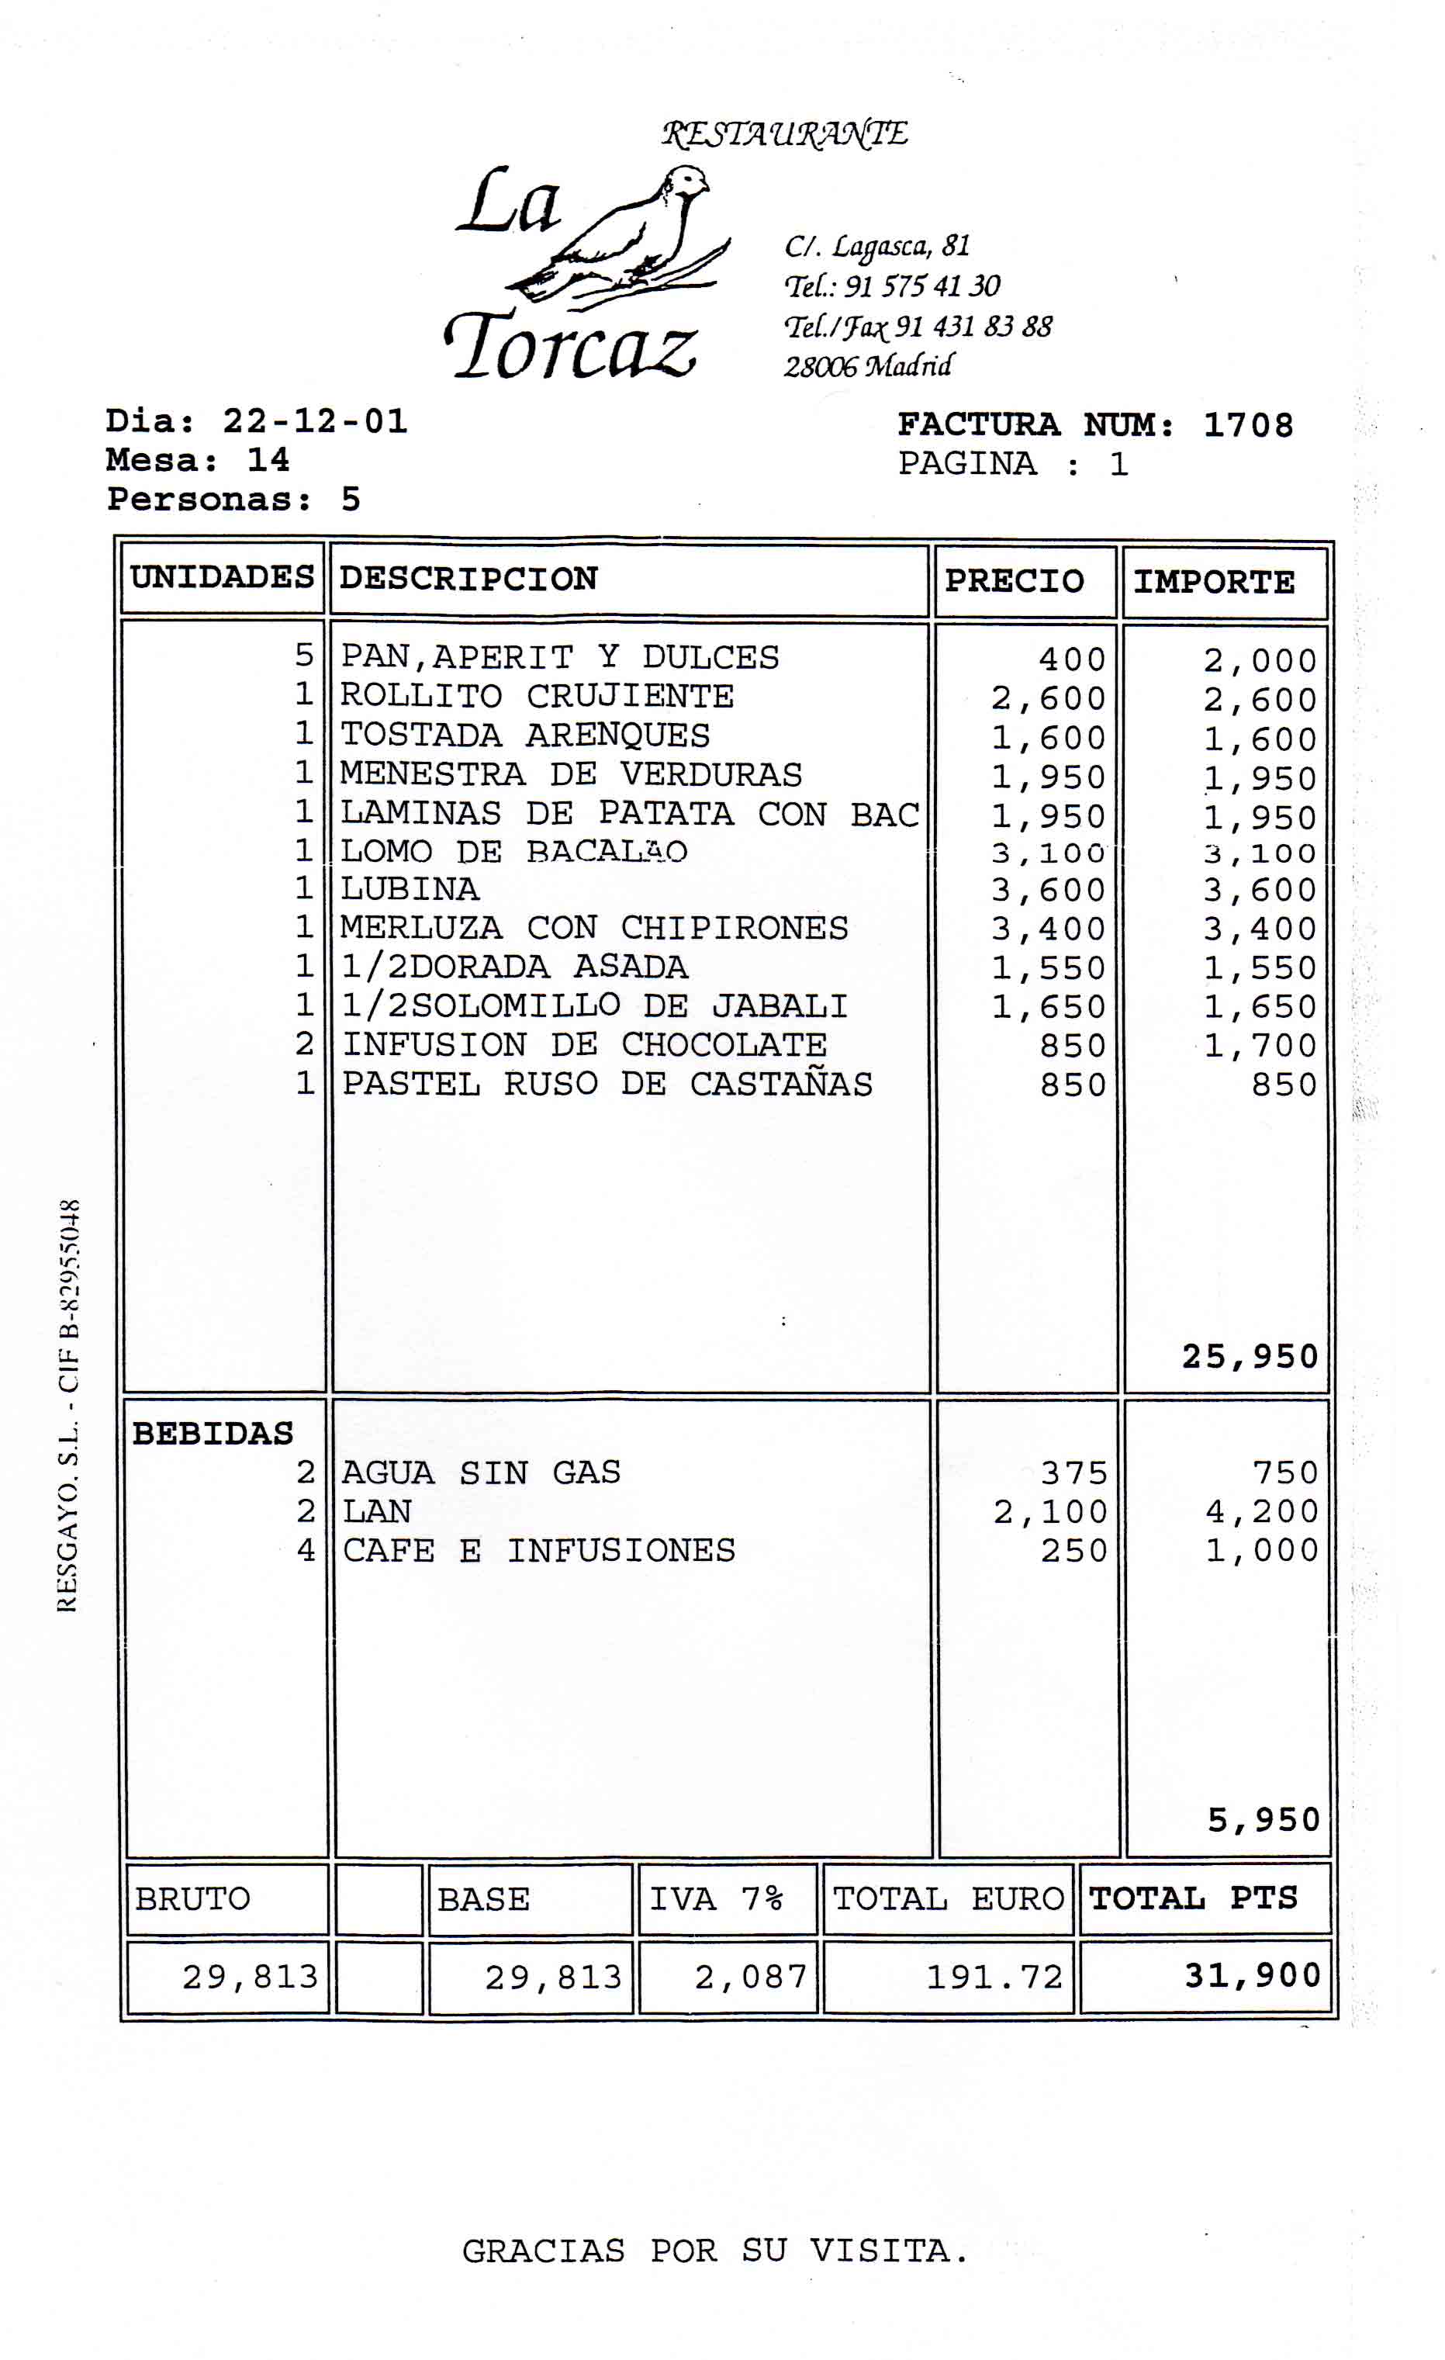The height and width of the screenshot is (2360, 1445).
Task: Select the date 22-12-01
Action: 315,421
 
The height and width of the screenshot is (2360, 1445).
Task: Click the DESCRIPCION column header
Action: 468,579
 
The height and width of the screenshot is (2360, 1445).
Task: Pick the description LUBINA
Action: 410,889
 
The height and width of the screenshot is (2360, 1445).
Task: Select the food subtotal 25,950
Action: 1250,1356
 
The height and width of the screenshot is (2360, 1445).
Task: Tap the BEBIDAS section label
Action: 213,1434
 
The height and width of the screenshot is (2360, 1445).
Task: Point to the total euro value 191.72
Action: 994,1977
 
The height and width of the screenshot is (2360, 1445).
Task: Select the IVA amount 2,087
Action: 751,1977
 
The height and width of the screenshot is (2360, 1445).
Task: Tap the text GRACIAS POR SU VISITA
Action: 714,2251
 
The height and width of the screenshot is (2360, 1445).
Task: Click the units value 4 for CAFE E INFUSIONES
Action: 306,1550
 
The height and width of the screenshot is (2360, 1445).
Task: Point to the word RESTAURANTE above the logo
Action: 784,133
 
